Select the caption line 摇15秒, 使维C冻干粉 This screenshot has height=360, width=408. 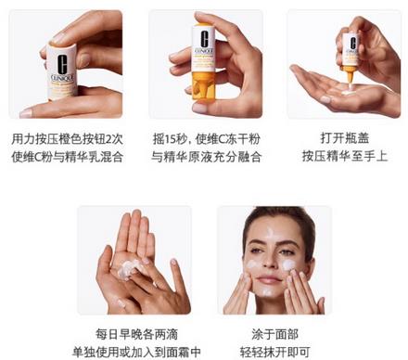click(206, 138)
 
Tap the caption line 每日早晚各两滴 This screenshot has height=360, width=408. click(134, 332)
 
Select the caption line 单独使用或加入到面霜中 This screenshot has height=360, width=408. click(134, 351)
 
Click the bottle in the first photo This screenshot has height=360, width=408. click(62, 60)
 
